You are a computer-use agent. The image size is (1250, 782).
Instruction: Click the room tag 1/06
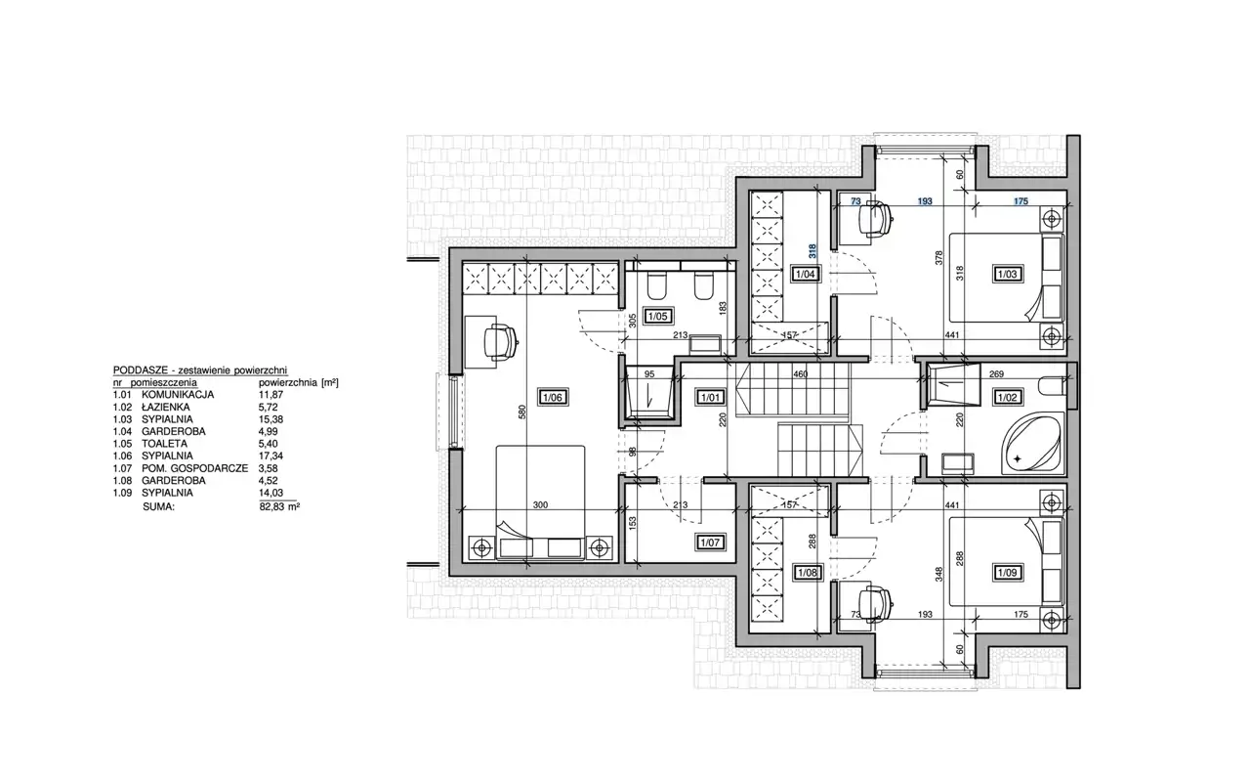[x=553, y=398]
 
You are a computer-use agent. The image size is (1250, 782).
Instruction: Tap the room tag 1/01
[x=710, y=398]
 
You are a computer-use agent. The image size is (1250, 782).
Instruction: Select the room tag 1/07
[x=710, y=543]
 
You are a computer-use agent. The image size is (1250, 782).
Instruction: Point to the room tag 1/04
[x=807, y=275]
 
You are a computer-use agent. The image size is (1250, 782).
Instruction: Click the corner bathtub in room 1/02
[x=1032, y=444]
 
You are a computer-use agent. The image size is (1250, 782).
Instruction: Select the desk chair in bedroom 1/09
[x=875, y=604]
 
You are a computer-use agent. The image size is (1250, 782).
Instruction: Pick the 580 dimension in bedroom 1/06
[x=522, y=412]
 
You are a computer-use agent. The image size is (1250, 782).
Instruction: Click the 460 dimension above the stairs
[x=801, y=374]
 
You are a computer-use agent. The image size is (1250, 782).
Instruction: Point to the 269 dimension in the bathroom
[x=997, y=374]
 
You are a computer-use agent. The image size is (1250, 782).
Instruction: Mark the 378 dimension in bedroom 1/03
[x=939, y=257]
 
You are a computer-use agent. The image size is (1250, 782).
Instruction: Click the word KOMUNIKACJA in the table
[x=178, y=394]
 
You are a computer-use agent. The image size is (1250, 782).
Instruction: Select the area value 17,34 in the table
[x=271, y=456]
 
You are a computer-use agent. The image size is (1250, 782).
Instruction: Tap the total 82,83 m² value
[x=279, y=506]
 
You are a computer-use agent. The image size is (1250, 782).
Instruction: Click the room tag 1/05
[x=657, y=316]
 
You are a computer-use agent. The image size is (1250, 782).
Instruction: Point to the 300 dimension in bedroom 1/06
[x=540, y=505]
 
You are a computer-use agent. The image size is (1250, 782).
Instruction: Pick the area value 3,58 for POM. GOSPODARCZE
[x=269, y=468]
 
